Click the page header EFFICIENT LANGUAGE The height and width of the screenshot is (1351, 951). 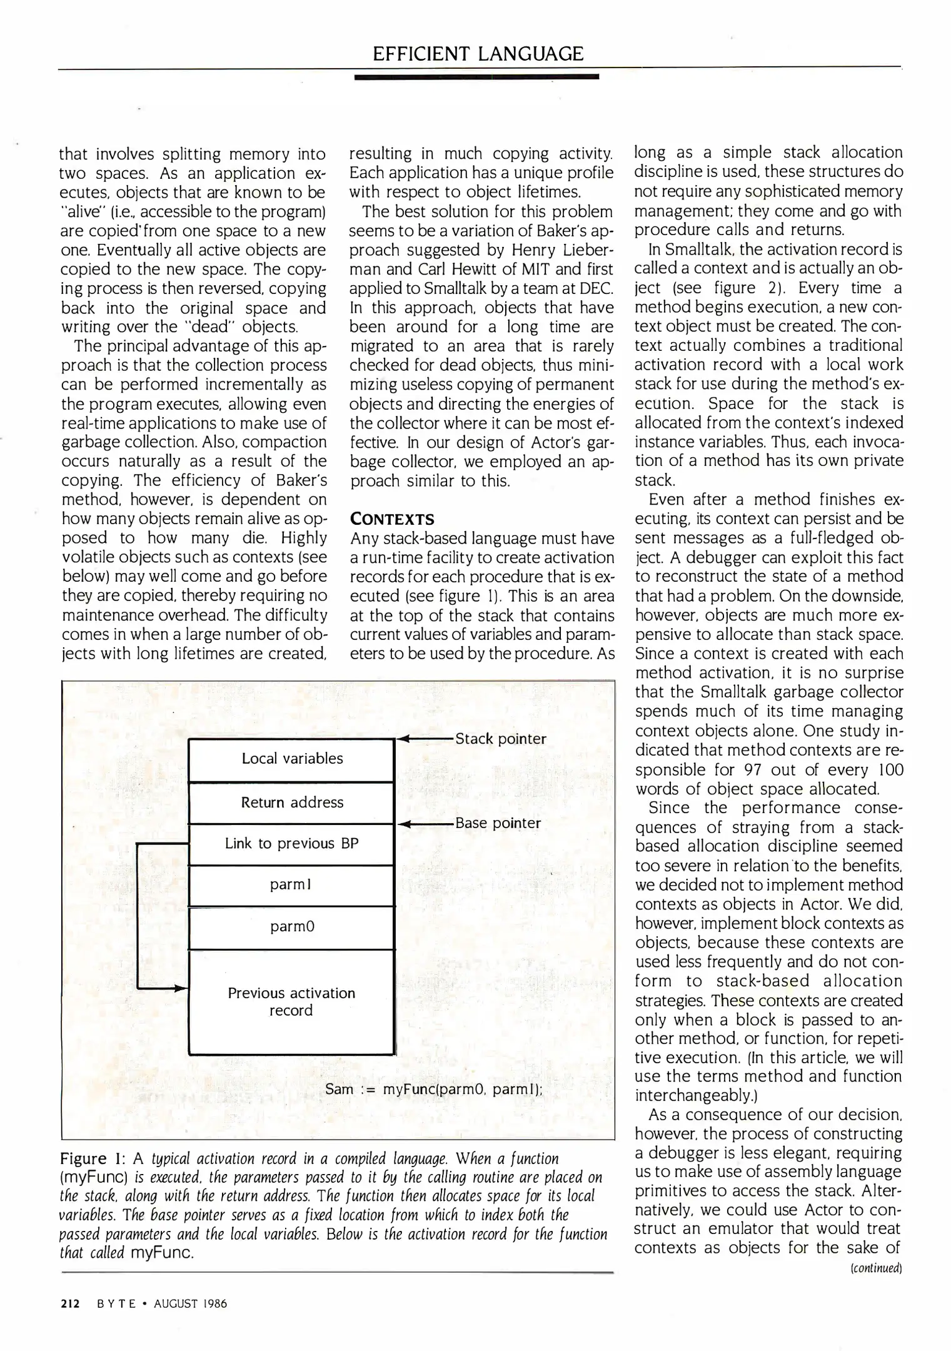tap(478, 54)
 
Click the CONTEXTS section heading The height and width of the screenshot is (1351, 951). tap(391, 519)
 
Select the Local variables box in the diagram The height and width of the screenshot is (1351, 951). tap(292, 759)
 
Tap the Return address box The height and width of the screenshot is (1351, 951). tap(292, 802)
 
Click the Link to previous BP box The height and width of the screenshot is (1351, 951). tap(292, 844)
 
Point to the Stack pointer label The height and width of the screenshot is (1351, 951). tap(500, 739)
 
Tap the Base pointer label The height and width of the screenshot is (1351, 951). tap(498, 823)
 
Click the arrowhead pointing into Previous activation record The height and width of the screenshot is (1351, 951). tap(181, 989)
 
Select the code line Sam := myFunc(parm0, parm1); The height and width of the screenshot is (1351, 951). tap(433, 1090)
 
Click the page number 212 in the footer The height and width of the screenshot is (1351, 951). tap(70, 1304)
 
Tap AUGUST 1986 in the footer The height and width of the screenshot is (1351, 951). tap(190, 1304)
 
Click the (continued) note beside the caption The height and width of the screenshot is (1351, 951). tap(883, 1268)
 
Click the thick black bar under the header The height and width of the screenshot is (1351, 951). tap(476, 76)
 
